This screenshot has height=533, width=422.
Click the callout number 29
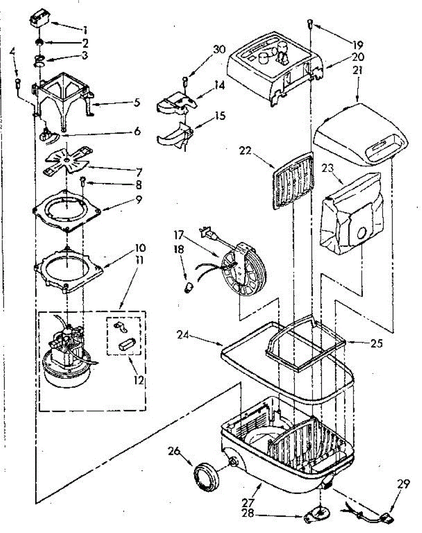click(403, 485)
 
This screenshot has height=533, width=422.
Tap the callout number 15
click(219, 116)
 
